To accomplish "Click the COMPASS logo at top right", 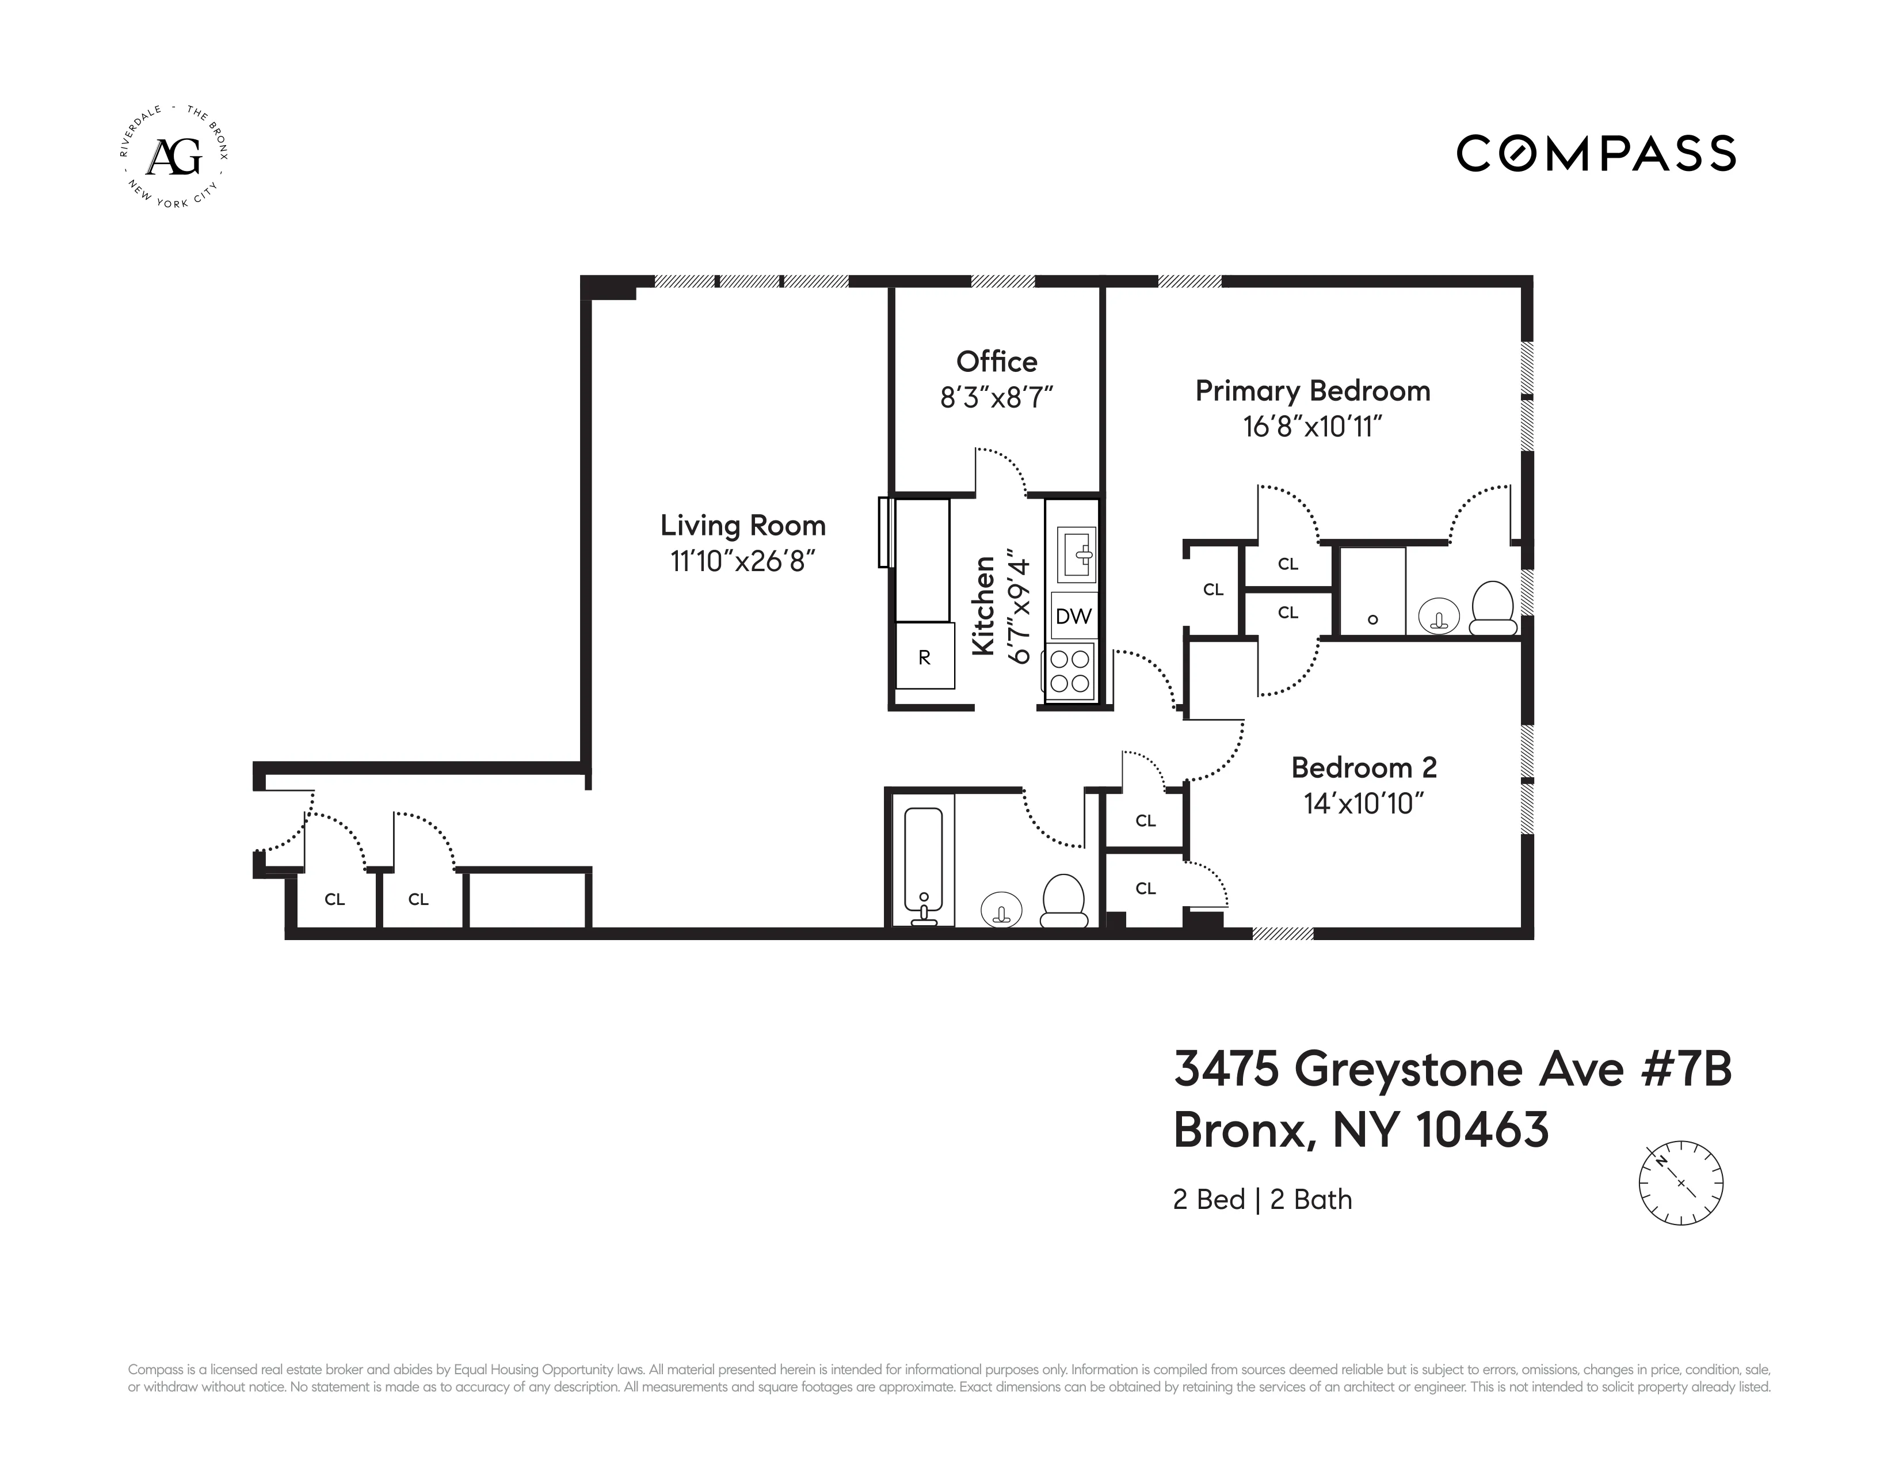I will (1596, 153).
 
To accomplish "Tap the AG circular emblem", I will (174, 157).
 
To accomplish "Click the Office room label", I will (997, 361).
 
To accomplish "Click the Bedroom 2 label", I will (1363, 767).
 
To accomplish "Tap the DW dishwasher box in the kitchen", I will (1073, 617).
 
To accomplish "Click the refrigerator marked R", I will (924, 657).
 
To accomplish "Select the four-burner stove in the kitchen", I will (1070, 671).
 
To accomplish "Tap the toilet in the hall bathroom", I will (1064, 901).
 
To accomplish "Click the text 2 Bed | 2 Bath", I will (1261, 1199).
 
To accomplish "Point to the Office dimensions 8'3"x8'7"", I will (997, 397).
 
